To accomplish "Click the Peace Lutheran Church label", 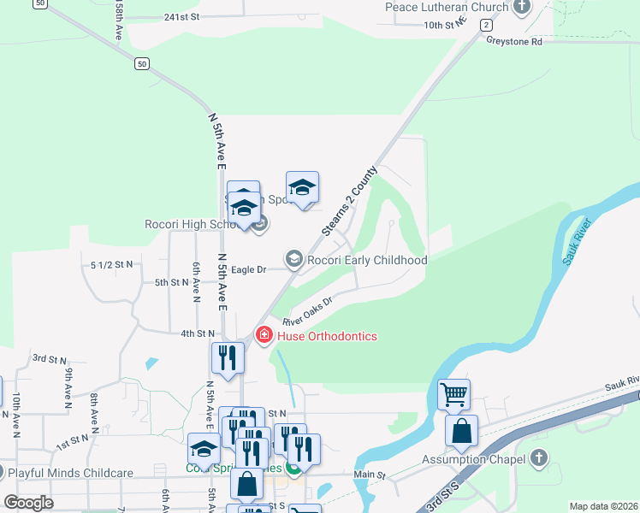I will (446, 7).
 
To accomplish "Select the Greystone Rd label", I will (513, 41).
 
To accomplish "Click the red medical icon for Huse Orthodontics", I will (264, 335).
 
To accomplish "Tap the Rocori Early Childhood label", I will (367, 260).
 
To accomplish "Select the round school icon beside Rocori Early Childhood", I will (294, 259).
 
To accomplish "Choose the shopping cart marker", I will (453, 394).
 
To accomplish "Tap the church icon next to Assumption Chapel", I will (538, 459).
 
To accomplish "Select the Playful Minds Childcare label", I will (70, 473).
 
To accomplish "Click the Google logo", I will (28, 503).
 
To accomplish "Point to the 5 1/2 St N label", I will (111, 264).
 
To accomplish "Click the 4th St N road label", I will (197, 333).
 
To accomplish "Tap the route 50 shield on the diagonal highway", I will (142, 63).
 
